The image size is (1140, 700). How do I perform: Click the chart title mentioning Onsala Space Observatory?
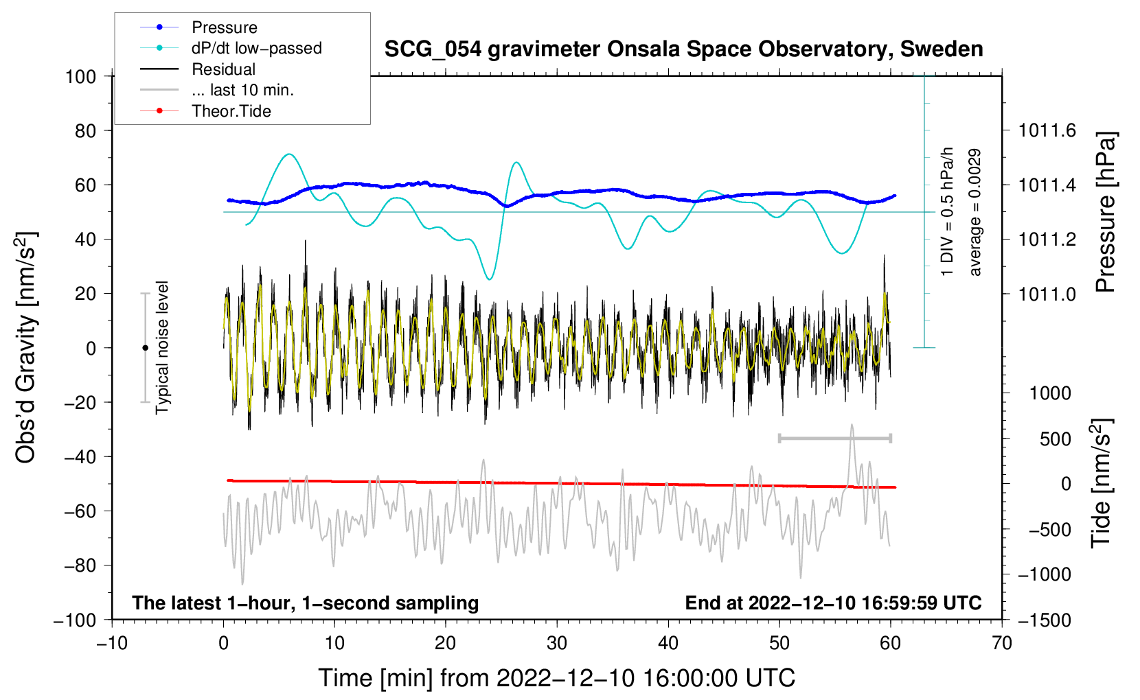pyautogui.click(x=683, y=49)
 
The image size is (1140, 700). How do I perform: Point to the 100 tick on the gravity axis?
pyautogui.click(x=81, y=77)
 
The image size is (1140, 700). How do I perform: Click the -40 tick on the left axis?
pyautogui.click(x=80, y=457)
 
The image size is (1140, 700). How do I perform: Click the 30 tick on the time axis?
pyautogui.click(x=557, y=643)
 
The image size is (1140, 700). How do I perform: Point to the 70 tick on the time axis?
pyautogui.click(x=1001, y=643)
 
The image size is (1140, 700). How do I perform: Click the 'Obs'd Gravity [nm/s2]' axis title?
pyautogui.click(x=25, y=347)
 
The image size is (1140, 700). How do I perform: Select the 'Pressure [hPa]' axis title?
pyautogui.click(x=1106, y=212)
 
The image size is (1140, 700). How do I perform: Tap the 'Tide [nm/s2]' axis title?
pyautogui.click(x=1102, y=483)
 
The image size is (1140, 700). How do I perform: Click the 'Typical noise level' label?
pyautogui.click(x=162, y=347)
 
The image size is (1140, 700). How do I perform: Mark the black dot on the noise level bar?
pyautogui.click(x=145, y=348)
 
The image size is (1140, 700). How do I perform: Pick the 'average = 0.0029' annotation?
pyautogui.click(x=974, y=212)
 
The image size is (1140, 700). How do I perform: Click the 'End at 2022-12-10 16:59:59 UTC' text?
pyautogui.click(x=833, y=603)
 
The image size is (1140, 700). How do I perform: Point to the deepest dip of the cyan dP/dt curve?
pyautogui.click(x=490, y=279)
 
